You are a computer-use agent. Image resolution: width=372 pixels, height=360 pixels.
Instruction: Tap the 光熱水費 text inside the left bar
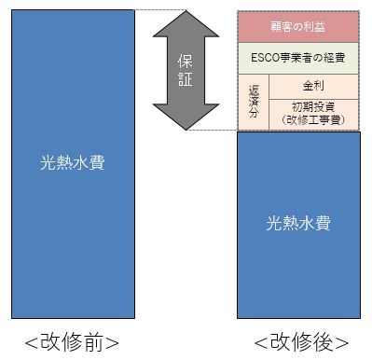coord(72,162)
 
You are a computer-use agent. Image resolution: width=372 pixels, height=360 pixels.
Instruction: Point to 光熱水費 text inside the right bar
coord(298,224)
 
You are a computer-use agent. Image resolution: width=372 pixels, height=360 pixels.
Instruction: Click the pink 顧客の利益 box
coord(298,26)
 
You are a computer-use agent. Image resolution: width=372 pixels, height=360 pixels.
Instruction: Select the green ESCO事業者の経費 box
coord(298,57)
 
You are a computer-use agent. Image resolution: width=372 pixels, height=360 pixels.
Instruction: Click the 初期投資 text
coord(313,105)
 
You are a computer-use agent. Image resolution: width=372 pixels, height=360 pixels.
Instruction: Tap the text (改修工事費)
coord(313,119)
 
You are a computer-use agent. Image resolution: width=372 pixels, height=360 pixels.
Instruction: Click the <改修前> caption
coord(72,341)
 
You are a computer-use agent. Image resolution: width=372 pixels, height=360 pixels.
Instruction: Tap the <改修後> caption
coord(301,341)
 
